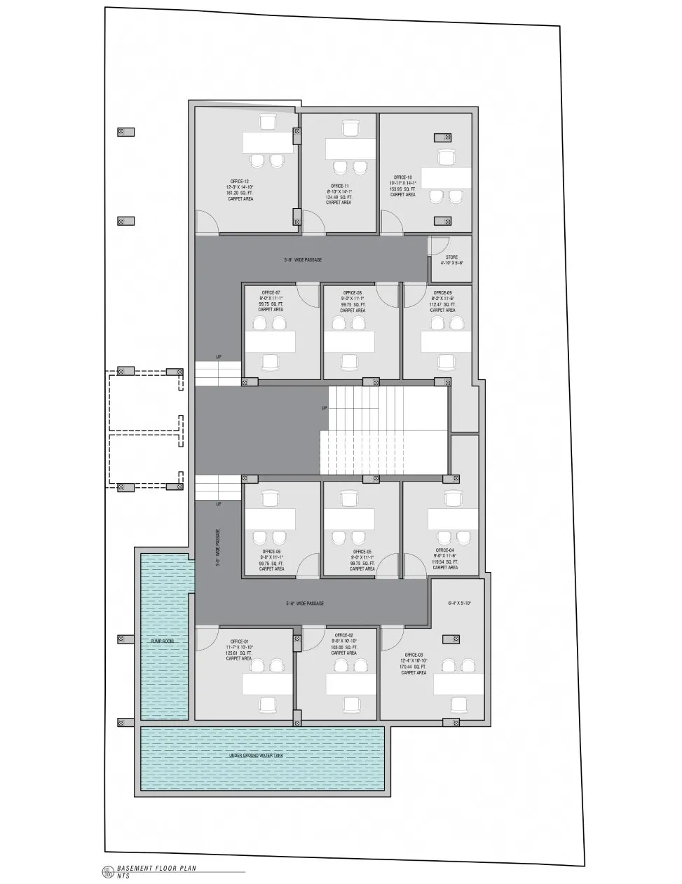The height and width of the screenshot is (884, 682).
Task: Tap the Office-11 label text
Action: tap(340, 186)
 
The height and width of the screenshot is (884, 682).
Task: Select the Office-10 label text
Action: tap(403, 177)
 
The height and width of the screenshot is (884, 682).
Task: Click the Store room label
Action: tap(451, 257)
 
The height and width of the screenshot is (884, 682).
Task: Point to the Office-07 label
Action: tap(271, 292)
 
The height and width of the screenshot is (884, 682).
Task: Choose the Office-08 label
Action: tap(353, 292)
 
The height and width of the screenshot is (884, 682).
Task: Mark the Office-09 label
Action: tap(442, 292)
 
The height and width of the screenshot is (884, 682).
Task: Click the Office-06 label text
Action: tap(271, 552)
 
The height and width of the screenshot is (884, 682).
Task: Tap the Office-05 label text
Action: tap(362, 552)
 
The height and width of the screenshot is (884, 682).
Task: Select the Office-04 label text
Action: tap(445, 552)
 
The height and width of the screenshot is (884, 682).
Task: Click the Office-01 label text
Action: tap(239, 641)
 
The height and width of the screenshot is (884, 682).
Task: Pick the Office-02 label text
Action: tap(343, 635)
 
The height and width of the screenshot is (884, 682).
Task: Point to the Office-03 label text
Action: tap(414, 655)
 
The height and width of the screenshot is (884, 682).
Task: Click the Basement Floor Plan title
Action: tap(157, 868)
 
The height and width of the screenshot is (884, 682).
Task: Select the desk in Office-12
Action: tap(267, 142)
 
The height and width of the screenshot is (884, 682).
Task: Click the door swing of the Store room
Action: tap(439, 245)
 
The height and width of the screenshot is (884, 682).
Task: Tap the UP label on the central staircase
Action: tap(324, 408)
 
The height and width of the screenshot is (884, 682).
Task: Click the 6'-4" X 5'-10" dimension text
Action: tap(460, 603)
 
